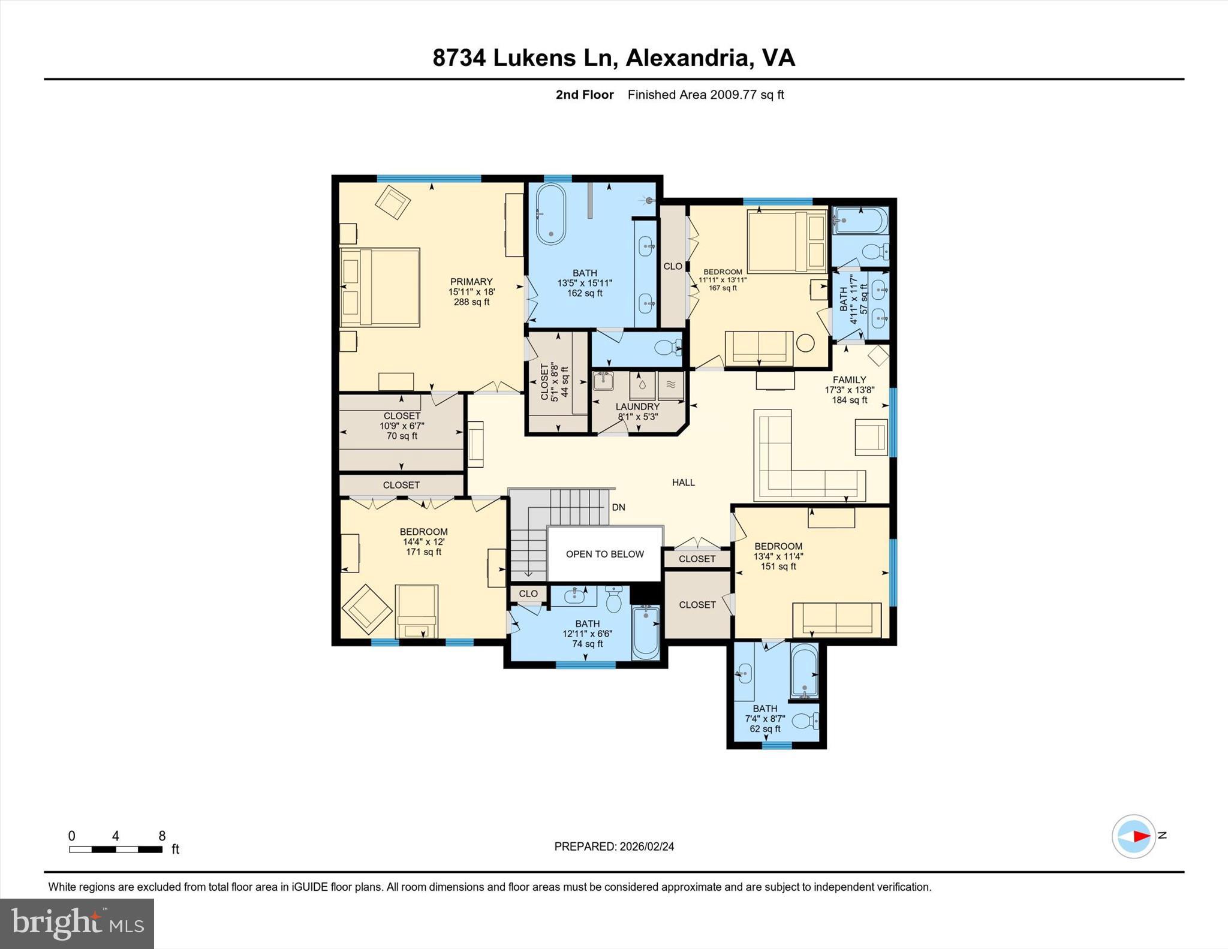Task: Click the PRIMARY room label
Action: click(471, 282)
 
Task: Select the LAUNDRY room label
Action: click(637, 406)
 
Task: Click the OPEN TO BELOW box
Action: click(604, 554)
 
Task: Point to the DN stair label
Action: click(618, 507)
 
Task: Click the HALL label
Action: click(683, 482)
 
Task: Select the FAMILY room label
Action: click(849, 379)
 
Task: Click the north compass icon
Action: click(1133, 836)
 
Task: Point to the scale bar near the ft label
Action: click(115, 849)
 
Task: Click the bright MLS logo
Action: click(77, 923)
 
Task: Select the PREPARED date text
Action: click(614, 846)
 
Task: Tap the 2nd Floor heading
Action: click(585, 95)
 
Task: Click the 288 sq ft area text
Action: click(471, 302)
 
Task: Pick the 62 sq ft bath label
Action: click(765, 729)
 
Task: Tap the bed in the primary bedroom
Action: click(380, 287)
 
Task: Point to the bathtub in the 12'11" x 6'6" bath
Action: click(646, 632)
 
